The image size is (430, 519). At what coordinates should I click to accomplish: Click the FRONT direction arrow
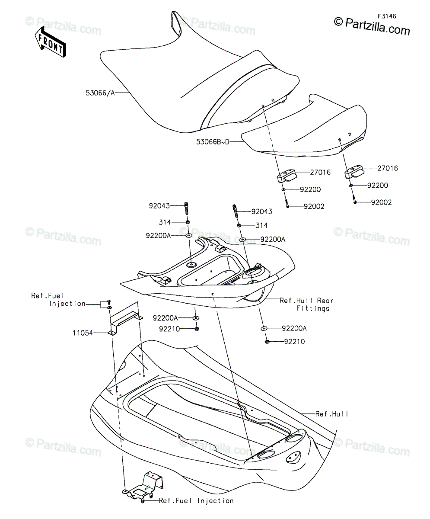[x=51, y=42]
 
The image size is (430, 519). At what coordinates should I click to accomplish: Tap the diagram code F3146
[x=387, y=16]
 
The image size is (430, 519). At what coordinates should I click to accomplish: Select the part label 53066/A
[x=100, y=93]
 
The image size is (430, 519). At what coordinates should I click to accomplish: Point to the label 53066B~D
[x=213, y=142]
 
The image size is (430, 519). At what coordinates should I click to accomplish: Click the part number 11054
[x=83, y=333]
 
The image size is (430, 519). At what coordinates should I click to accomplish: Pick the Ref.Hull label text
[x=331, y=414]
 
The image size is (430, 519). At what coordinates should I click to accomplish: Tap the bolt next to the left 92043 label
[x=187, y=208]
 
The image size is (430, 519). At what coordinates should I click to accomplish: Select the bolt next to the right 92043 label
[x=236, y=211]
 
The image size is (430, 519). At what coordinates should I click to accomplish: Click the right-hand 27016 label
[x=388, y=168]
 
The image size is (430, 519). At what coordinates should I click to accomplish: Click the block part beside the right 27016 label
[x=354, y=171]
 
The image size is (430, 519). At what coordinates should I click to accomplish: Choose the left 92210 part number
[x=169, y=329]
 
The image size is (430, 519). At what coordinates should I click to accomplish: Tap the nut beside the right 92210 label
[x=267, y=342]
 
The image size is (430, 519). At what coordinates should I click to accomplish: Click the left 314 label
[x=165, y=222]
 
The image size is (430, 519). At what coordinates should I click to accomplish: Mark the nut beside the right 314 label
[x=239, y=225]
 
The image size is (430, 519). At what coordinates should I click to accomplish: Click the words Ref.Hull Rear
[x=306, y=301]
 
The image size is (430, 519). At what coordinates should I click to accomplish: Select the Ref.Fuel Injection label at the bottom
[x=196, y=500]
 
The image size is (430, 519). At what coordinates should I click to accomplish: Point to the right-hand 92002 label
[x=381, y=202]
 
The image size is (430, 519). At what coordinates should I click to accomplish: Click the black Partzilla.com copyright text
[x=372, y=26]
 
